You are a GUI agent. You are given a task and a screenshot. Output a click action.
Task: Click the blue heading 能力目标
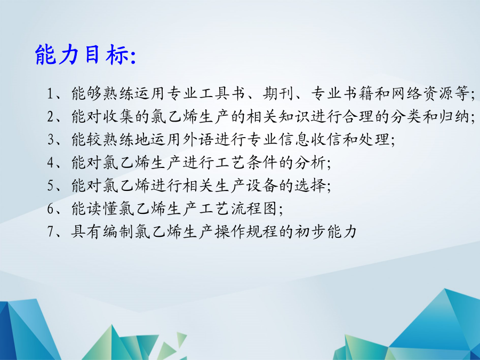(x=82, y=54)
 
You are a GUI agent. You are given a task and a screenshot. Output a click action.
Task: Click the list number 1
(x=51, y=93)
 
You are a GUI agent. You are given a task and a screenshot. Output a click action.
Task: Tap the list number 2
(x=51, y=116)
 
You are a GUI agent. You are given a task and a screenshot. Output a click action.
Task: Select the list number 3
(x=51, y=139)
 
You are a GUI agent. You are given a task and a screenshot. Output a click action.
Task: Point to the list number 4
(x=51, y=162)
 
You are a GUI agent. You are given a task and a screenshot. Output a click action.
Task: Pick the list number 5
(x=51, y=185)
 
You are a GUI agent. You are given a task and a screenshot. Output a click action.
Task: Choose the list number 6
(x=51, y=209)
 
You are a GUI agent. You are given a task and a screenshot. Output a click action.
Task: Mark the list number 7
(x=51, y=231)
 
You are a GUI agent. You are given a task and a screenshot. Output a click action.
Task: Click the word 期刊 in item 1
(x=278, y=93)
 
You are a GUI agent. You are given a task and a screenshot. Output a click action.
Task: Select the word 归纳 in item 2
(x=454, y=116)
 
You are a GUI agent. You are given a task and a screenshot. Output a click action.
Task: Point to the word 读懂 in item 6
(x=102, y=209)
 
